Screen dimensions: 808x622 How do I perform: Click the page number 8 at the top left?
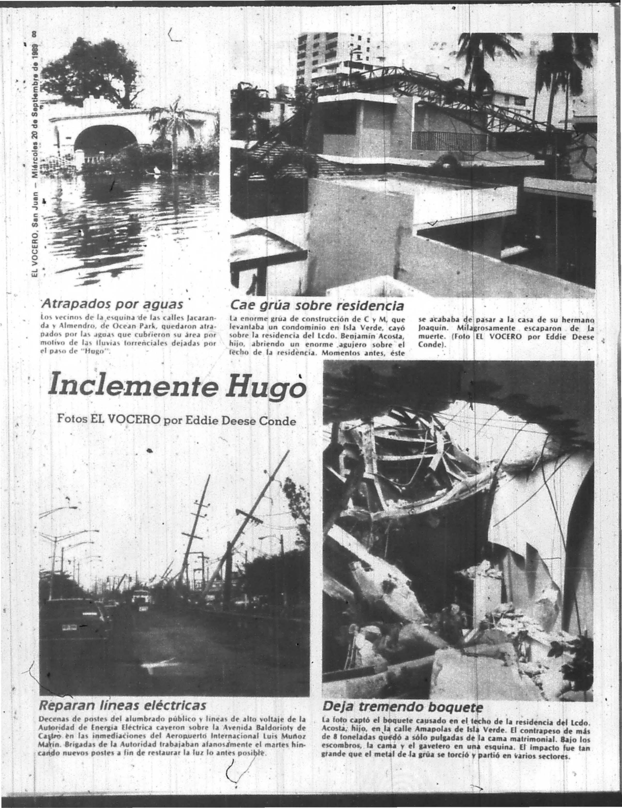point(34,34)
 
